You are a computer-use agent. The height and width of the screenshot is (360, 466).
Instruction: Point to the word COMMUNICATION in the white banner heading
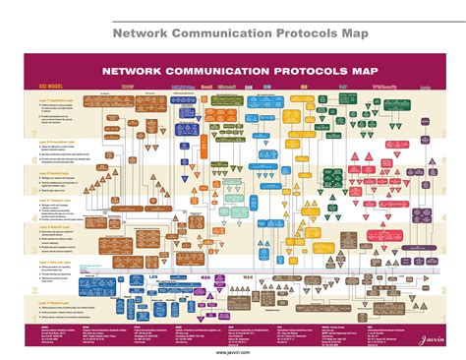coord(204,70)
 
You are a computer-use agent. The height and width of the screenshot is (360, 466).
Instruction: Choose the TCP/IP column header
coord(127,89)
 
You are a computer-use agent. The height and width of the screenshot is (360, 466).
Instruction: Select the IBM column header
coord(293,89)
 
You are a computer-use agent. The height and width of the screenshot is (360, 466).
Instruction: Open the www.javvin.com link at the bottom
coord(233,351)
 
